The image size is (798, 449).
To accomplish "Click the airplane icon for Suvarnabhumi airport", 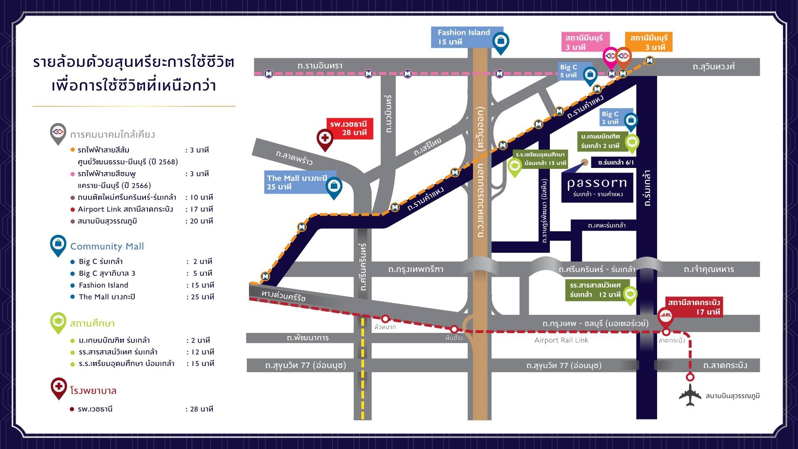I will coord(690,395).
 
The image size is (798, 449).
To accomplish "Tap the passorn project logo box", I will coord(597,187).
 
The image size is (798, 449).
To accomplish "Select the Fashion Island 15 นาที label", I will coord(464,37).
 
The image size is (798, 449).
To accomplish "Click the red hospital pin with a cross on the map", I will coord(325,138).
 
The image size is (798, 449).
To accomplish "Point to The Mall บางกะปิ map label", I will coord(297,183).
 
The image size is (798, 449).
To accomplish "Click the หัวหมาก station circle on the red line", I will coord(385,319).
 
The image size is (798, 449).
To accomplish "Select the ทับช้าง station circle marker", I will coord(454,329).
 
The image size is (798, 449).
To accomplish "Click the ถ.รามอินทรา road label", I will coord(320,66).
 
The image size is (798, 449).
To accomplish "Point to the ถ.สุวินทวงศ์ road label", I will coord(714,67).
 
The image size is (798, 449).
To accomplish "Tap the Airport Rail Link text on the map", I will coord(561,340).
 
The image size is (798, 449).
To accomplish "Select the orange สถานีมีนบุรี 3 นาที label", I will coord(648,42).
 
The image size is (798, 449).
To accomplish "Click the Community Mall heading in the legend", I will coord(107,246).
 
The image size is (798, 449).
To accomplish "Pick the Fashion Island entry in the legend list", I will coord(103,285).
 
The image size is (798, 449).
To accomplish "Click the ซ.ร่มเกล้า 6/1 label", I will coord(616,163).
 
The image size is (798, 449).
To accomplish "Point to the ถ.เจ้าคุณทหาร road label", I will coord(709,269).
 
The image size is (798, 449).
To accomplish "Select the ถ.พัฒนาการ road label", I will coord(308,338).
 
